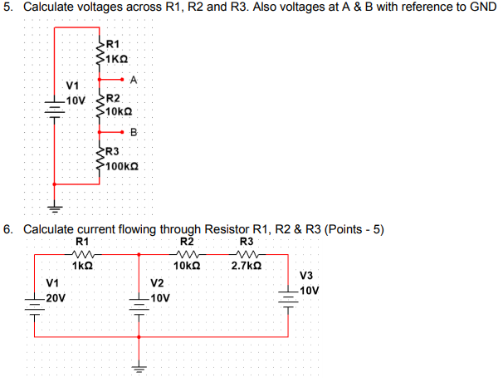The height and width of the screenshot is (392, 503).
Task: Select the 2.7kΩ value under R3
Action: tap(247, 267)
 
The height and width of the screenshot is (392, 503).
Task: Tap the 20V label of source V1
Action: tap(56, 296)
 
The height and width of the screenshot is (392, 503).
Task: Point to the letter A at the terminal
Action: tap(134, 80)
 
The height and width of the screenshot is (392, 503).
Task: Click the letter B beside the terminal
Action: tap(133, 133)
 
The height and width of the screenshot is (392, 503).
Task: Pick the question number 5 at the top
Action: tap(8, 7)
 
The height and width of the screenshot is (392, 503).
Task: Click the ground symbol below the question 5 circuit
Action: tap(56, 207)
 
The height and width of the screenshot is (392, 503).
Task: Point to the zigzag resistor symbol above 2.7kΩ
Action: tap(247, 254)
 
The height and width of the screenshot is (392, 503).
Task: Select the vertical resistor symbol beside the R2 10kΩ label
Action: tap(100, 105)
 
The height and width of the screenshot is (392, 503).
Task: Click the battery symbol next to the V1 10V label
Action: tap(56, 108)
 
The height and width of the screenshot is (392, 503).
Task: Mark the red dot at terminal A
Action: tap(123, 81)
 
